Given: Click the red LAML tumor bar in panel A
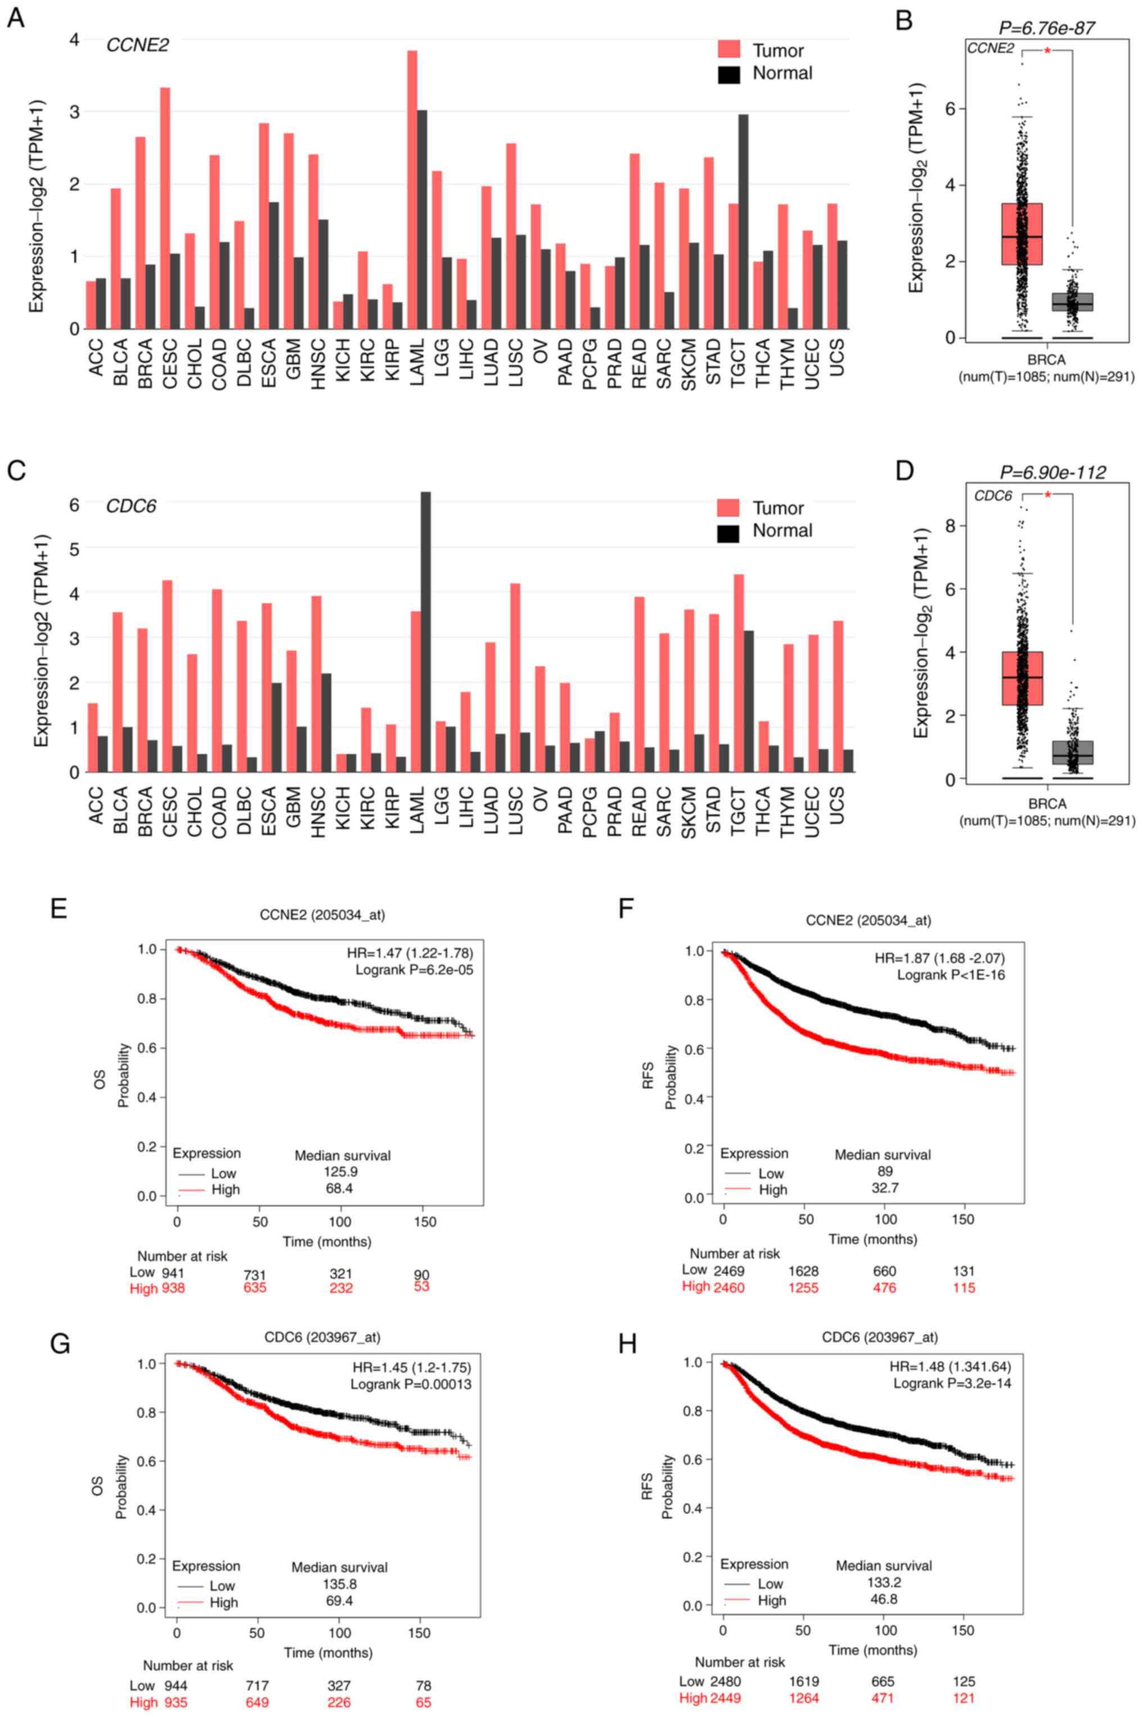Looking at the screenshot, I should pyautogui.click(x=412, y=190).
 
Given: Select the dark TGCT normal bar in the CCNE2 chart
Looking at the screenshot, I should pyautogui.click(x=743, y=222).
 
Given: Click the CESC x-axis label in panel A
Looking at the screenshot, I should pyautogui.click(x=170, y=353).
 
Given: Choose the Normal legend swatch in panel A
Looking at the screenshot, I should pyautogui.click(x=729, y=74).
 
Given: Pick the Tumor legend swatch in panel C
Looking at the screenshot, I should pyautogui.click(x=728, y=508).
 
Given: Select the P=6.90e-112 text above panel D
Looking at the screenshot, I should pyautogui.click(x=1053, y=472).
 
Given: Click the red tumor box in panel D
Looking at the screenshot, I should pyautogui.click(x=1022, y=678).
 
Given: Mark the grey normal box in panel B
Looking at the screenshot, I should pyautogui.click(x=1072, y=301).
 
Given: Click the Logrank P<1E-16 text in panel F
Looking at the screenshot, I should pyautogui.click(x=950, y=975).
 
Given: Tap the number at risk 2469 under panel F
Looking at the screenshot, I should pyautogui.click(x=730, y=1272).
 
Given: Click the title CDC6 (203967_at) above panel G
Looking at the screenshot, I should pyautogui.click(x=322, y=1337).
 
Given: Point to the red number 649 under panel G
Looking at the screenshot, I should pyautogui.click(x=257, y=1702).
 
